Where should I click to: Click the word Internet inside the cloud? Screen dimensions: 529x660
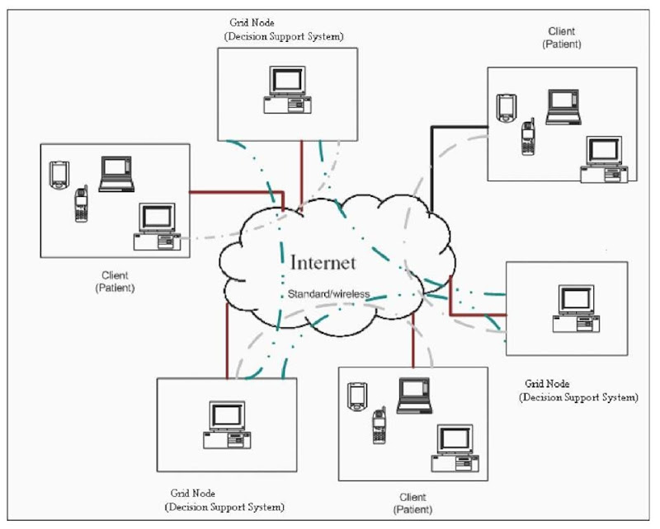pos(323,263)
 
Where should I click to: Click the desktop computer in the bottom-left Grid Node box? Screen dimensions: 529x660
pos(225,424)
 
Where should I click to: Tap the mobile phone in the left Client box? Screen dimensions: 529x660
pos(81,205)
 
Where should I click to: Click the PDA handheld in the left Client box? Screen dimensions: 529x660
pos(58,175)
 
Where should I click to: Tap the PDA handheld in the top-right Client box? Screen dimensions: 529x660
pos(505,108)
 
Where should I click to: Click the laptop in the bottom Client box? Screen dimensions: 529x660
pos(414,396)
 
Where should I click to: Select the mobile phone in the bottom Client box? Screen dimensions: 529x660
pos(379,426)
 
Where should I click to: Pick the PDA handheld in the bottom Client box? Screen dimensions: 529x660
pos(356,396)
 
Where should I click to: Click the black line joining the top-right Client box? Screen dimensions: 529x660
pos(431,165)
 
